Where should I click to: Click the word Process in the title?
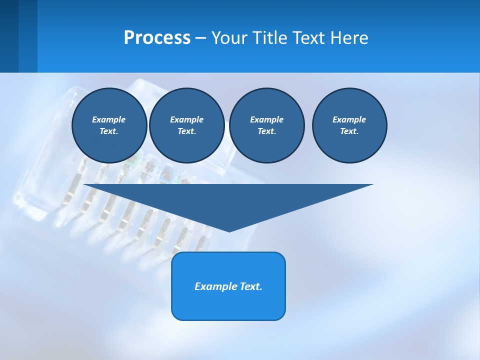[x=157, y=38]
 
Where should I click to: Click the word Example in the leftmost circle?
[x=109, y=119]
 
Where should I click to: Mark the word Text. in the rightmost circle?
[x=349, y=131]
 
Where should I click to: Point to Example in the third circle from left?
[x=266, y=119]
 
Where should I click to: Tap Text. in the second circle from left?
[x=186, y=131]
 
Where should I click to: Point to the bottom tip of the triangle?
[x=229, y=230]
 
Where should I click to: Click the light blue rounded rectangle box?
[x=228, y=305]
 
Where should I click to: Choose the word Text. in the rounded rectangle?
[x=252, y=286]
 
